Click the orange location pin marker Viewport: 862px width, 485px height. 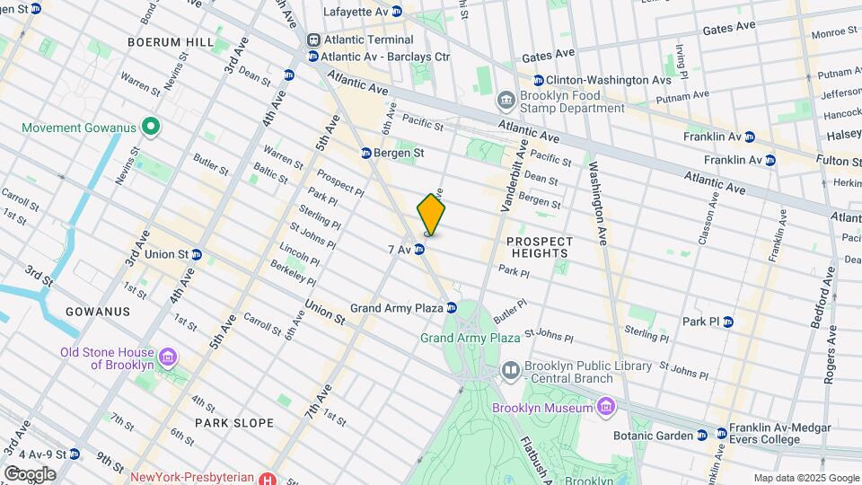(431, 215)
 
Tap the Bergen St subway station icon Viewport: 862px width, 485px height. (366, 153)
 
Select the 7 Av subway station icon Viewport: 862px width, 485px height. (419, 249)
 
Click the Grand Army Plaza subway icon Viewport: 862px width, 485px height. (452, 308)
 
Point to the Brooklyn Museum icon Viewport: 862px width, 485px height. (606, 408)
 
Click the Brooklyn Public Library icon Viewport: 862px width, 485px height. (511, 369)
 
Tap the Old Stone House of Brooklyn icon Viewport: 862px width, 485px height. (167, 359)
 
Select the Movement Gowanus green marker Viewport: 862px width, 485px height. (151, 128)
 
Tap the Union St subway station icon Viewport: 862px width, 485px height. (196, 254)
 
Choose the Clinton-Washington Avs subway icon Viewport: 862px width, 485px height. (538, 80)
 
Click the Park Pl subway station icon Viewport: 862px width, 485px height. (728, 321)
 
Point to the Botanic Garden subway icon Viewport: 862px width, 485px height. (701, 436)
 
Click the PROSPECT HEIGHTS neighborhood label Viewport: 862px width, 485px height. (539, 247)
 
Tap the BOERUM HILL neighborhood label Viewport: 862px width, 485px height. (171, 42)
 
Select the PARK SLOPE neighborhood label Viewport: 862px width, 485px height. (228, 420)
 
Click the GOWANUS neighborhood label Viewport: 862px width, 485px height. (98, 311)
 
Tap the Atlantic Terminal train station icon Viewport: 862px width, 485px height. (314, 40)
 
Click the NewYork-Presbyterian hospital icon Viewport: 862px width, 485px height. (267, 479)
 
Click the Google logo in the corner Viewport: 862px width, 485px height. (30, 473)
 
